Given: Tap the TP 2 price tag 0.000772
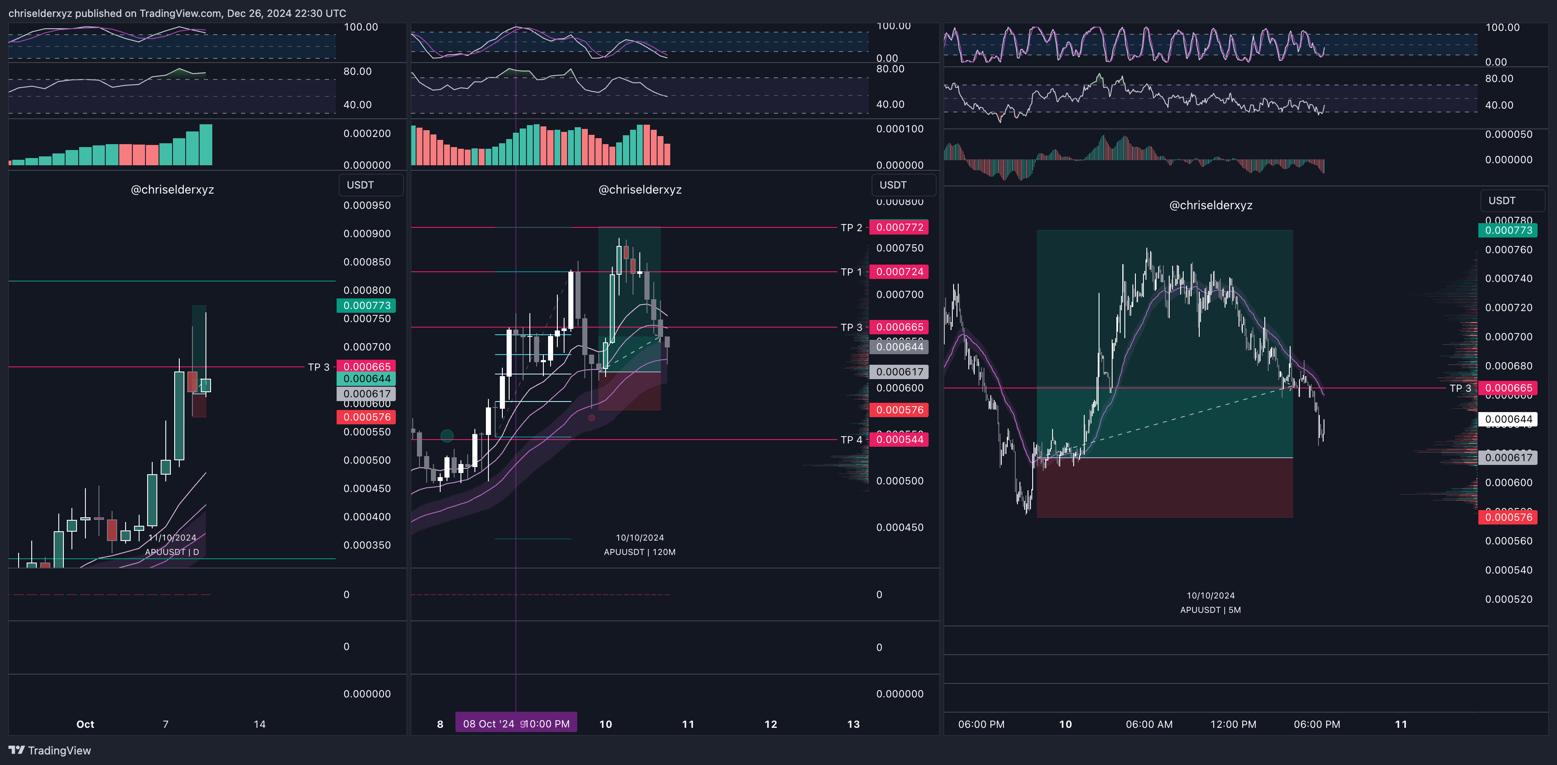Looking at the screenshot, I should [x=899, y=227].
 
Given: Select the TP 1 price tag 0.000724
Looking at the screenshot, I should [x=899, y=272].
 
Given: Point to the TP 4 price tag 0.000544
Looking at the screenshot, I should [x=899, y=439].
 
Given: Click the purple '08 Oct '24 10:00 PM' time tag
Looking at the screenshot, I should [x=515, y=723].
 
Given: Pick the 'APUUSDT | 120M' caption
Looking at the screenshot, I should [x=639, y=552].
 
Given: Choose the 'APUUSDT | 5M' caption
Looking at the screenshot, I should [x=1210, y=610].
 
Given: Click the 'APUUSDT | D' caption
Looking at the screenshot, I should [x=172, y=552].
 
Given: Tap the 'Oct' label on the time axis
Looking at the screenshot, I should [x=85, y=724].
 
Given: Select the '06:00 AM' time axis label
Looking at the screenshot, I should [x=1149, y=724].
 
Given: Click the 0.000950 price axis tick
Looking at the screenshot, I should [x=367, y=205].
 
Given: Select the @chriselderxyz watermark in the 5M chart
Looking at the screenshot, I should [x=1210, y=205].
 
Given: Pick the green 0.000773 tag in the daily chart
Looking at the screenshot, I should [x=366, y=305].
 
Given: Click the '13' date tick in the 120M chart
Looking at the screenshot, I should [x=853, y=724].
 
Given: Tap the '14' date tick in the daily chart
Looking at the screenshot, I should [x=259, y=724].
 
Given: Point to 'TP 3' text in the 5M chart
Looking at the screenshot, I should [x=1460, y=388].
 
